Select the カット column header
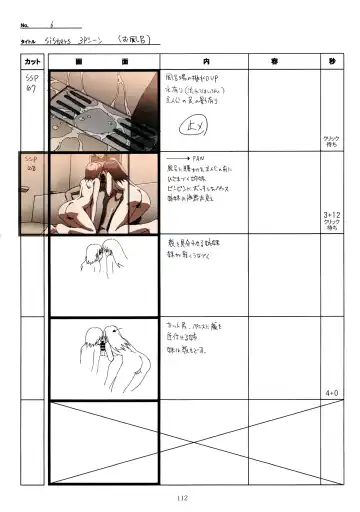pyautogui.click(x=32, y=61)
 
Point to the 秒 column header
pyautogui.click(x=331, y=61)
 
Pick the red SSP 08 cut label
pyautogui.click(x=31, y=164)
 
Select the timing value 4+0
pyautogui.click(x=331, y=393)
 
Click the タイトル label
pyautogui.click(x=28, y=41)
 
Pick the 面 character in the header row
pyautogui.click(x=125, y=61)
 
